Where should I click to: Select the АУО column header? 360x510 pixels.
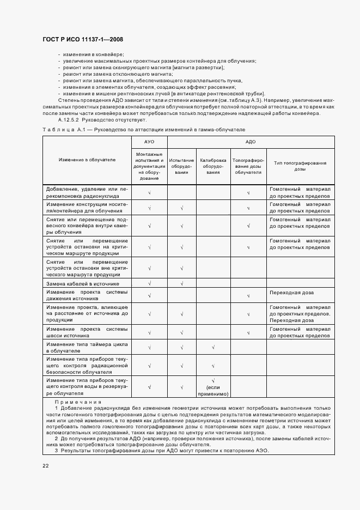(x=149, y=142)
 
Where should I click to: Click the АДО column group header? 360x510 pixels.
(x=251, y=142)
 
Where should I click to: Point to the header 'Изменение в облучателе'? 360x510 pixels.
(x=87, y=160)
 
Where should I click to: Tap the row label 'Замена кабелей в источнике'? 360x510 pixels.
(x=87, y=284)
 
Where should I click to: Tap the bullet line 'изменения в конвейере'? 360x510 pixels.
(x=93, y=55)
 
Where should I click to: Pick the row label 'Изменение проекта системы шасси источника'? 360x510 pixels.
(x=87, y=332)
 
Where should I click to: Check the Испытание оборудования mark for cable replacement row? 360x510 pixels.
(x=181, y=284)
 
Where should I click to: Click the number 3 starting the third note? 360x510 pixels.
(x=57, y=451)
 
